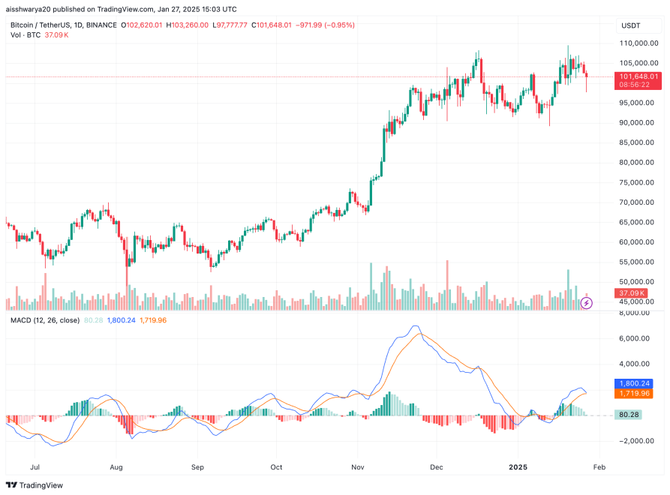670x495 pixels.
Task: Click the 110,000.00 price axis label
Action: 638,43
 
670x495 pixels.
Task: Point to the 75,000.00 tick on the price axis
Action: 638,182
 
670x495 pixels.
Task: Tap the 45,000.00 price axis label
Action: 638,302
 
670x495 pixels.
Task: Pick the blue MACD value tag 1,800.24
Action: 638,382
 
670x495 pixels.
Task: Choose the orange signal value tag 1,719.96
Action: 638,393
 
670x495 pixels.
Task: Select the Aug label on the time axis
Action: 116,466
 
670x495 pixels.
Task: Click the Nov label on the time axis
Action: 357,466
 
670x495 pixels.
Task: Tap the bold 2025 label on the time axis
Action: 518,466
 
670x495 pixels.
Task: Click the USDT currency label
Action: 630,25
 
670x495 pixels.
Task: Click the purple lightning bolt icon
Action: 587,303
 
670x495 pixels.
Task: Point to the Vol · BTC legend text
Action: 27,35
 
